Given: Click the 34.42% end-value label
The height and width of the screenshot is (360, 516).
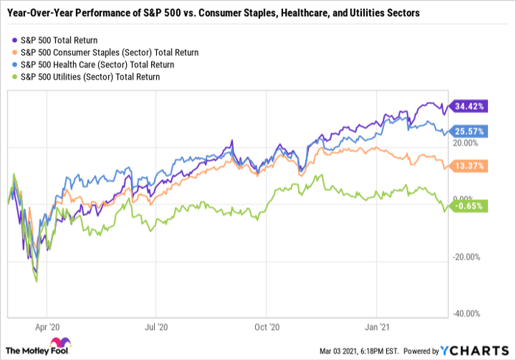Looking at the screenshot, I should point(469,106).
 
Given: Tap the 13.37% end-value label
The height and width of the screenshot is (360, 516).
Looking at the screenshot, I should point(469,167).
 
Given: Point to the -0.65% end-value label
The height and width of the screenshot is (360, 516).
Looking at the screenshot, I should point(469,207).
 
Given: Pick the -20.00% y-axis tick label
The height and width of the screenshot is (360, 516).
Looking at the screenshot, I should point(467,257).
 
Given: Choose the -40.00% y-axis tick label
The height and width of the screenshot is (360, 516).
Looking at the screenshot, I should point(467,314).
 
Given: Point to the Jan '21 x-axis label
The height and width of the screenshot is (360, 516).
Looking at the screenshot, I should point(377,324).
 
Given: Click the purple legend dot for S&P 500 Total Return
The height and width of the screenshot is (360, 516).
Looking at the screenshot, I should point(15,39).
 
